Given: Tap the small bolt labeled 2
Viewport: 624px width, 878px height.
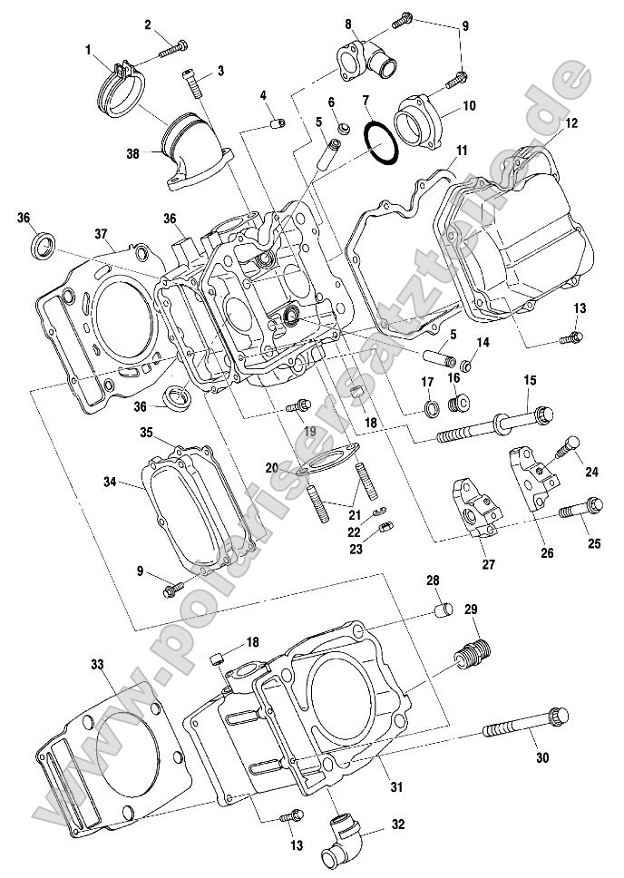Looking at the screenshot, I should (x=172, y=48).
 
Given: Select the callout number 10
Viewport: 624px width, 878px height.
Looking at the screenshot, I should (x=469, y=105).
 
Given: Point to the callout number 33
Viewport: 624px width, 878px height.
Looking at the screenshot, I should (x=97, y=665).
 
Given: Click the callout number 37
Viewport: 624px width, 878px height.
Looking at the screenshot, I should (x=102, y=234).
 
